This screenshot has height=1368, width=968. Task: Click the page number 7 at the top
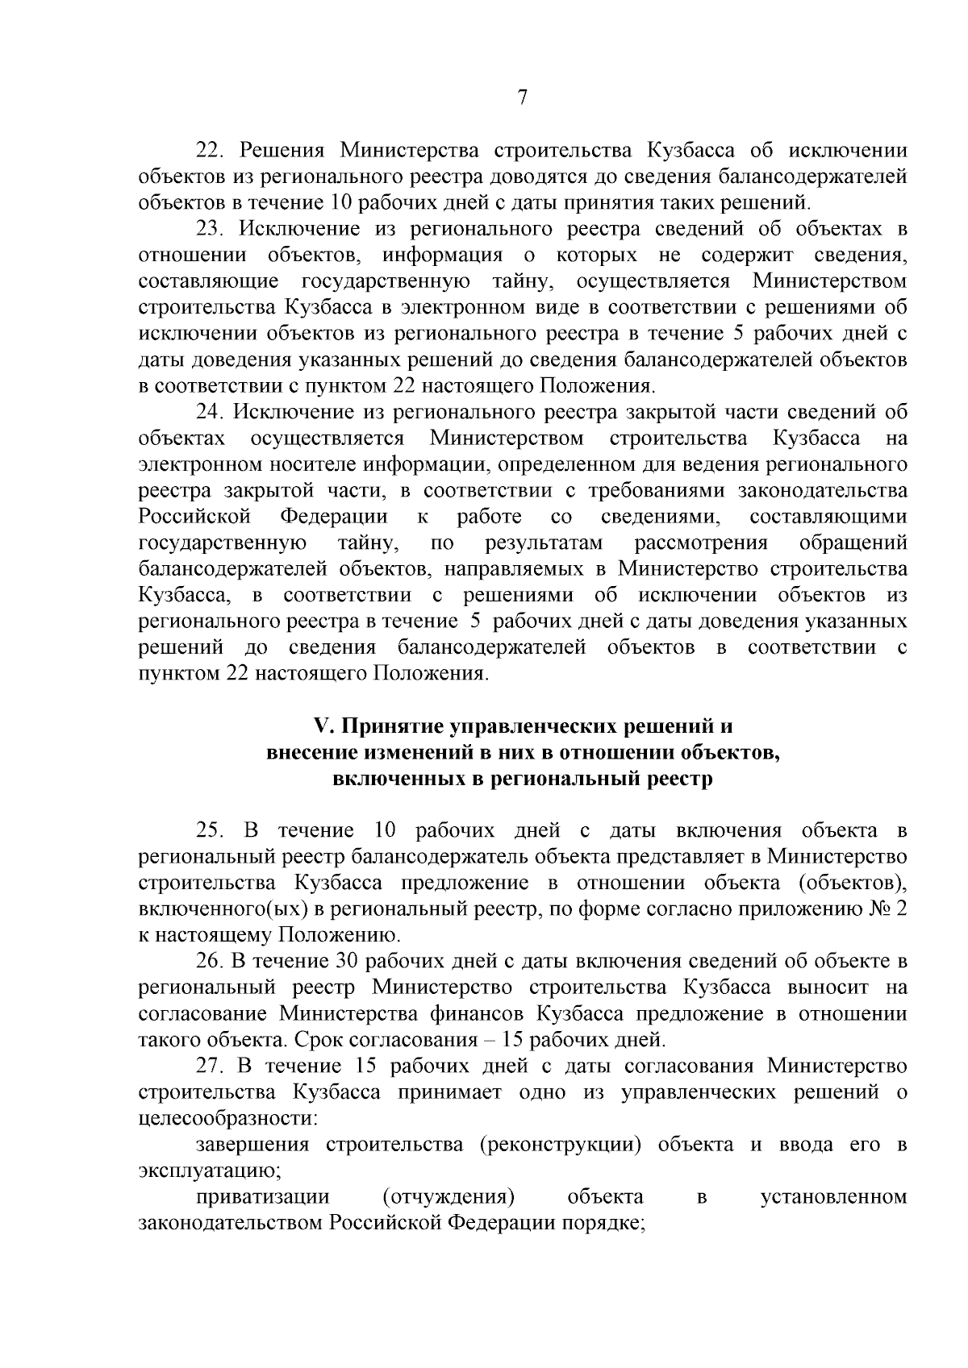pos(522,98)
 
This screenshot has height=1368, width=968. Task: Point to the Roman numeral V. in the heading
pos(323,726)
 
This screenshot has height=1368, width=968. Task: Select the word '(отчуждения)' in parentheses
pos(449,1197)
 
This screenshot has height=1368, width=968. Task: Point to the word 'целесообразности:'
pos(227,1119)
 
